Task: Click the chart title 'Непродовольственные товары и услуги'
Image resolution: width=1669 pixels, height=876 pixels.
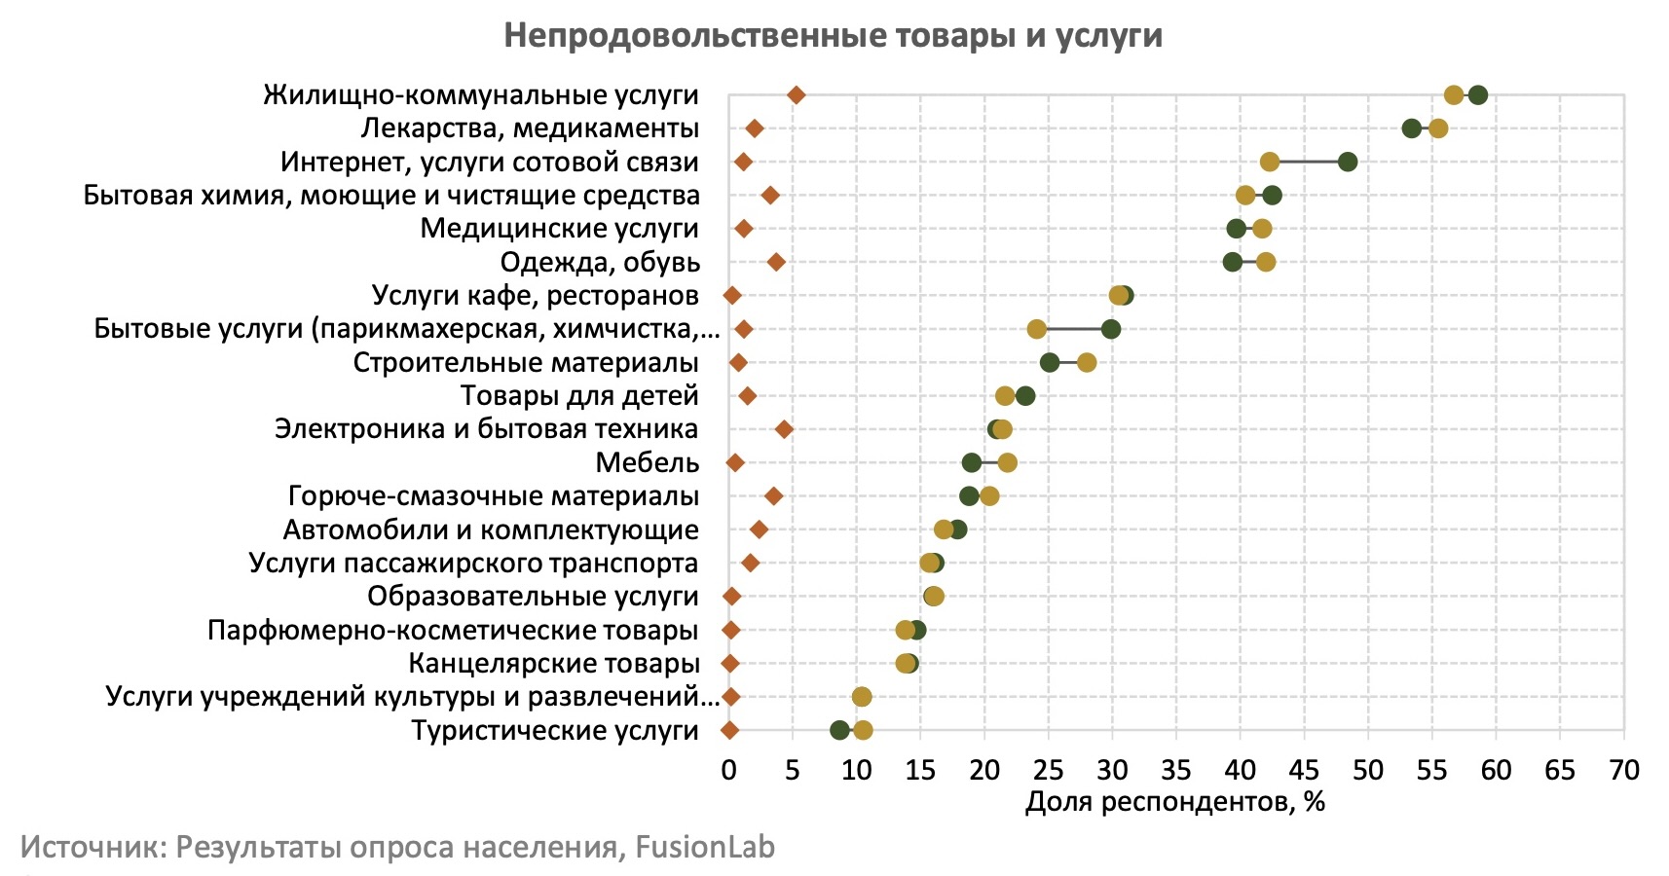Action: click(x=833, y=36)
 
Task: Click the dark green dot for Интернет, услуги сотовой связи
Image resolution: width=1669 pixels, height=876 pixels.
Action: click(x=1347, y=162)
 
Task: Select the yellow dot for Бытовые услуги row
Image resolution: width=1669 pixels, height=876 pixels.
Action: click(x=1036, y=329)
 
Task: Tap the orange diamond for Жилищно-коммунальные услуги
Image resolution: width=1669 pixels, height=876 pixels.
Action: click(x=796, y=94)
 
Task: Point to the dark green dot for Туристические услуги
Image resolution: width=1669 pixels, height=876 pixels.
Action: click(x=839, y=730)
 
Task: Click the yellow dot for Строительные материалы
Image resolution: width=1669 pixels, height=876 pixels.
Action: click(x=1087, y=362)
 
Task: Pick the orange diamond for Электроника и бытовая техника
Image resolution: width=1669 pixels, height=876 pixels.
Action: click(x=784, y=429)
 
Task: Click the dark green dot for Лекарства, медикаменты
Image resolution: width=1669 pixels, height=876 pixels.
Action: click(x=1411, y=128)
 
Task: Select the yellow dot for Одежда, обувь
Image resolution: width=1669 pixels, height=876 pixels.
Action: click(x=1265, y=262)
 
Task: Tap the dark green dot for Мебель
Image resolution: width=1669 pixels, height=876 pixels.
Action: click(x=971, y=462)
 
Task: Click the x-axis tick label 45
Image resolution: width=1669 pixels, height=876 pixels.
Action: click(x=1304, y=771)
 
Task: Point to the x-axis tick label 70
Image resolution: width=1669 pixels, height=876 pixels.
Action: click(x=1623, y=771)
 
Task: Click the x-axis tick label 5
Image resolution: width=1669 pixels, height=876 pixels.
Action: click(x=793, y=771)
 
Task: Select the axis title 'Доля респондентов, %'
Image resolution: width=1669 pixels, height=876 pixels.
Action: click(x=1174, y=802)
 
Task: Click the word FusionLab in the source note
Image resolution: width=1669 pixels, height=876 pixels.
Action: click(x=705, y=847)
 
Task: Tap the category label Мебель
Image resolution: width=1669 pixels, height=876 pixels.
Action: click(x=647, y=462)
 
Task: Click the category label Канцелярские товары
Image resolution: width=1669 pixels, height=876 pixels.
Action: click(x=553, y=664)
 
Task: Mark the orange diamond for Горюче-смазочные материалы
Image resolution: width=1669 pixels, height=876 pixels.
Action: click(x=774, y=496)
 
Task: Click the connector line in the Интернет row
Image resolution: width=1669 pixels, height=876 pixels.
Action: click(x=1308, y=162)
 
